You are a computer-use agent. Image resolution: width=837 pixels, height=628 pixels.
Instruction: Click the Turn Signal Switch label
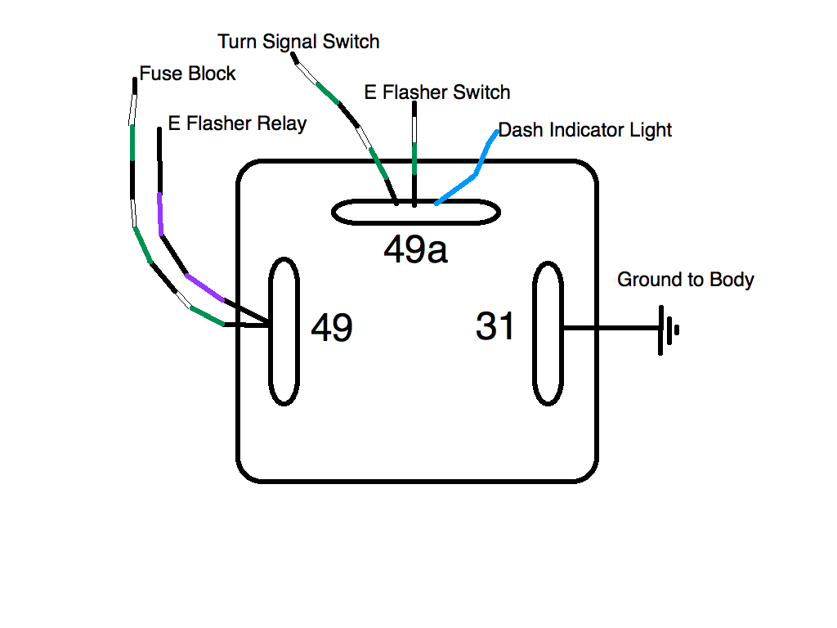point(298,41)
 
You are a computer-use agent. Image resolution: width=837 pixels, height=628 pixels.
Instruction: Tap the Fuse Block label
point(187,74)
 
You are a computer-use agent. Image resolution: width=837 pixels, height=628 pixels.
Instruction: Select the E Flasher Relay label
point(237,123)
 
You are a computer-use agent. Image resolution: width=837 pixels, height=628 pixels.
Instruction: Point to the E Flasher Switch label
point(437,92)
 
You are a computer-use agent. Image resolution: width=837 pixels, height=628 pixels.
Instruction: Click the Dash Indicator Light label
point(585,129)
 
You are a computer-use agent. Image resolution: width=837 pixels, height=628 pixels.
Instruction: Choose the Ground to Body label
point(685,280)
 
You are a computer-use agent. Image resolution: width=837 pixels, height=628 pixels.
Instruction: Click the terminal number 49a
point(415,250)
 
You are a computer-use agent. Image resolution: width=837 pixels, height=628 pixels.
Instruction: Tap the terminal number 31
point(495,326)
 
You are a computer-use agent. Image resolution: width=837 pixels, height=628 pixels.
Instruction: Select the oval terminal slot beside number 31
point(548,333)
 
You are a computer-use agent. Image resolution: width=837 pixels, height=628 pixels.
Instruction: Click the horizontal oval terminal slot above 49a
point(415,213)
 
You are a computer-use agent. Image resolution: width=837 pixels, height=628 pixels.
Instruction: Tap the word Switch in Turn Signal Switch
point(351,41)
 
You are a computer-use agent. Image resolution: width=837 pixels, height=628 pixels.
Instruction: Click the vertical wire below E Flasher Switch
point(414,155)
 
